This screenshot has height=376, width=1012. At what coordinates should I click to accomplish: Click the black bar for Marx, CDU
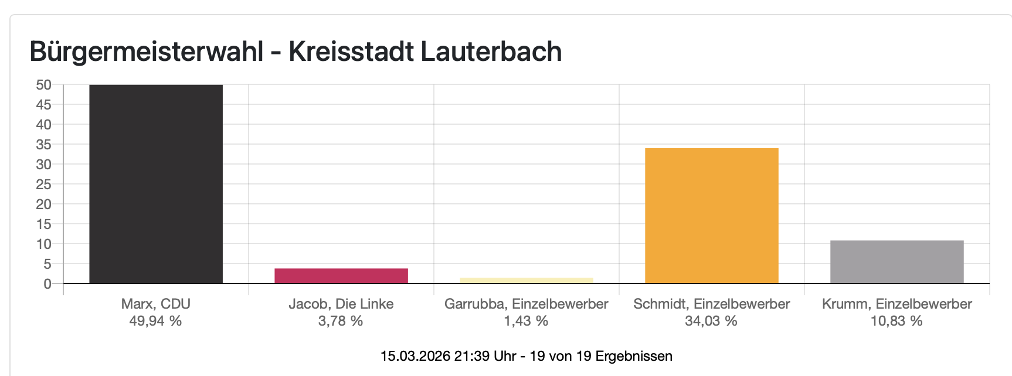click(156, 184)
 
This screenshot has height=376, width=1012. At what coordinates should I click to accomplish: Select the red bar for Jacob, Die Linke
click(341, 276)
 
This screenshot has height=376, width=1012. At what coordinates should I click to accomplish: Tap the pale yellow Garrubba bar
click(527, 281)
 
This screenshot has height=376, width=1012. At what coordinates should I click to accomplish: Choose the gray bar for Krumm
click(896, 262)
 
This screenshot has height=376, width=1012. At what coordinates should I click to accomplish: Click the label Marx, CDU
click(156, 304)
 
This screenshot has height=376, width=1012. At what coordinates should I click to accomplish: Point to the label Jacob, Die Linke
click(341, 304)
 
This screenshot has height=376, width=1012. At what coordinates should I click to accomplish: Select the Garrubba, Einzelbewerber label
click(527, 304)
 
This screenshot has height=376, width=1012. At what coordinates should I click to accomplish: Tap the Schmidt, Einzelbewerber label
click(711, 304)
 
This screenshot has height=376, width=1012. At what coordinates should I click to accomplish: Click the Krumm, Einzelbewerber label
click(896, 304)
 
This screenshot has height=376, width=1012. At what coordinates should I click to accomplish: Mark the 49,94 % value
click(155, 321)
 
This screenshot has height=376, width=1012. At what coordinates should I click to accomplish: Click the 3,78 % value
click(341, 321)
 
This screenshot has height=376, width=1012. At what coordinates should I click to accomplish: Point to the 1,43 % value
click(526, 321)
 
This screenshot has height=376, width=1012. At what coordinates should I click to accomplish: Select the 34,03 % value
click(711, 321)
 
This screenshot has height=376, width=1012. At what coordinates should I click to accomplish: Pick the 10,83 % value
click(896, 321)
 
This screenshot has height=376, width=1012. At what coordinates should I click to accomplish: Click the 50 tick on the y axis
click(44, 85)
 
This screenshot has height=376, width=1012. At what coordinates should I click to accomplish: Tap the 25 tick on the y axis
click(44, 184)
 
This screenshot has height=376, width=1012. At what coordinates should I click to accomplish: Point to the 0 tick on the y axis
click(47, 284)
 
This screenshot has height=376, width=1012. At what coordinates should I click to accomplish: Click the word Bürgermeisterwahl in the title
click(146, 52)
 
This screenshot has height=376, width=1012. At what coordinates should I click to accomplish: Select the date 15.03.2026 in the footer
click(415, 356)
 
